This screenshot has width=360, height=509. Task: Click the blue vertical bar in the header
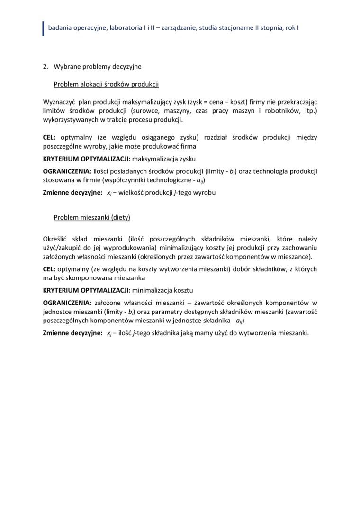(44, 28)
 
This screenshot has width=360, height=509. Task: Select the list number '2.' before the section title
(46, 67)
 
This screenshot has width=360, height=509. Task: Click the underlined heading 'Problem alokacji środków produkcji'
(106, 84)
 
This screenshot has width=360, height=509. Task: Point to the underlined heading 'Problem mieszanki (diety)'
(92, 217)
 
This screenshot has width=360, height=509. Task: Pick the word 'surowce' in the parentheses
(145, 111)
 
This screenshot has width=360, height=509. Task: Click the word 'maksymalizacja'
(154, 159)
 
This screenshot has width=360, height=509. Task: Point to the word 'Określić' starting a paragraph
(56, 239)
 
